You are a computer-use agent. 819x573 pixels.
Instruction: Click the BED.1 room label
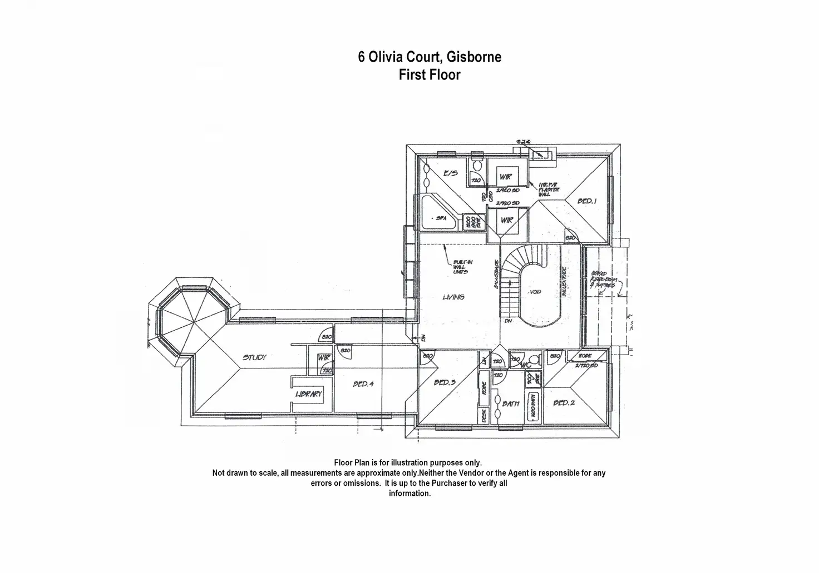click(586, 201)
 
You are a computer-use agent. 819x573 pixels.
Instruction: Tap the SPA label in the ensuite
click(444, 218)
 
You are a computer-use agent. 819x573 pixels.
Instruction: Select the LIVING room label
click(453, 297)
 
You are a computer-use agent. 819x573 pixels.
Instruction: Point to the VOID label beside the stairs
click(536, 292)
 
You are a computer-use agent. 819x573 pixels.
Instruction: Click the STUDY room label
click(254, 357)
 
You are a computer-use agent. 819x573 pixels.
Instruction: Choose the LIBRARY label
click(309, 394)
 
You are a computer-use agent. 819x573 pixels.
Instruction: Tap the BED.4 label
click(363, 384)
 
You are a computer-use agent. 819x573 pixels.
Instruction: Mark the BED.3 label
click(445, 382)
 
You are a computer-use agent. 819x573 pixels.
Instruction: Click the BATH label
click(510, 404)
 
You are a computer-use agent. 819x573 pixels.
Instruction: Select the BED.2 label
click(564, 403)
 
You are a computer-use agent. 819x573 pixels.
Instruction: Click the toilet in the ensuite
click(477, 165)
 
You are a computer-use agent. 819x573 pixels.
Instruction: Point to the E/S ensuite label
click(450, 173)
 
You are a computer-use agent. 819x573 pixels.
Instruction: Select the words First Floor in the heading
click(430, 74)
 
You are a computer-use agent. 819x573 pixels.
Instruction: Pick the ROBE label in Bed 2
click(585, 356)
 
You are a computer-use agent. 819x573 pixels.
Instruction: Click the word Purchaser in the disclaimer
click(450, 484)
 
